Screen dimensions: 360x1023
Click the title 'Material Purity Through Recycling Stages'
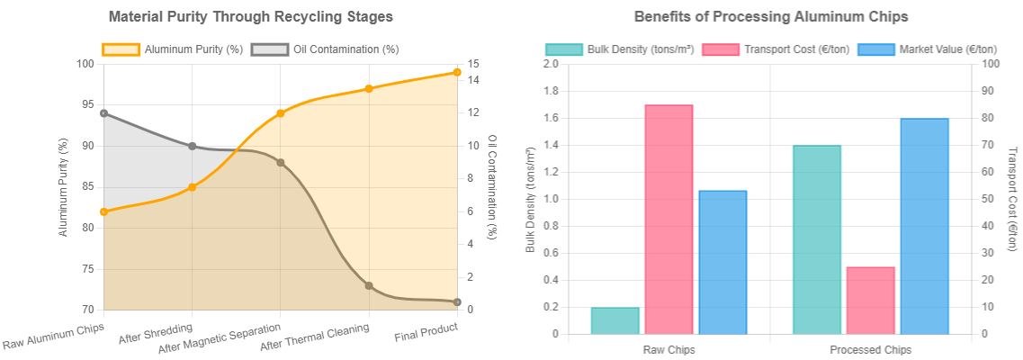pyautogui.click(x=250, y=17)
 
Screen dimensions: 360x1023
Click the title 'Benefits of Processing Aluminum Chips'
pyautogui.click(x=770, y=17)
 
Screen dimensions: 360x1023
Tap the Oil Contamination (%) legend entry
pyautogui.click(x=325, y=49)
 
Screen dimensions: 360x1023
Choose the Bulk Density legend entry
pyautogui.click(x=620, y=49)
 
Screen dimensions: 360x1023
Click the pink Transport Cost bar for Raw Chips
pyautogui.click(x=669, y=220)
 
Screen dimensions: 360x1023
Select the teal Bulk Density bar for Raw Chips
pyautogui.click(x=615, y=320)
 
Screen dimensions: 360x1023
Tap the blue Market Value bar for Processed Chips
pyautogui.click(x=924, y=226)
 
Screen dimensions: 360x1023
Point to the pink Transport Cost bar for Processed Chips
pyautogui.click(x=870, y=301)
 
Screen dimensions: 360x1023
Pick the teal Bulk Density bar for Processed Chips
pyautogui.click(x=817, y=239)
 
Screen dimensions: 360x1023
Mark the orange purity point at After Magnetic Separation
pyautogui.click(x=281, y=113)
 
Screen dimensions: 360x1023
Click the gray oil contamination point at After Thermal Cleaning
pyautogui.click(x=369, y=285)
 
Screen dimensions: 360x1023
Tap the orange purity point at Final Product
pyautogui.click(x=457, y=72)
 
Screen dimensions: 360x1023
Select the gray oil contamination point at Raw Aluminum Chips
pyautogui.click(x=104, y=113)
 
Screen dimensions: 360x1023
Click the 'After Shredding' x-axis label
pyautogui.click(x=155, y=332)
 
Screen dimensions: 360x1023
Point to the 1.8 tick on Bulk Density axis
pyautogui.click(x=549, y=91)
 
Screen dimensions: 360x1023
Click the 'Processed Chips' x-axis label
pyautogui.click(x=870, y=349)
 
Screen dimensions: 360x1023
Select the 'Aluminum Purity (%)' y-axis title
pyautogui.click(x=64, y=187)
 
